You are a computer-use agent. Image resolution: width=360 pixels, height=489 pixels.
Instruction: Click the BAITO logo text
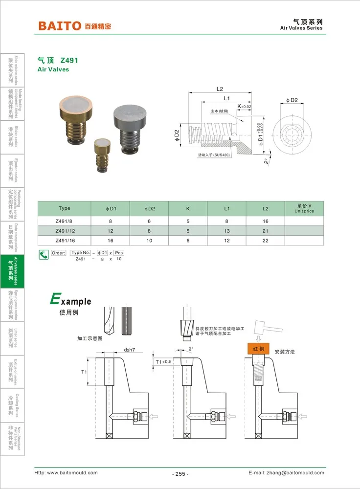60,25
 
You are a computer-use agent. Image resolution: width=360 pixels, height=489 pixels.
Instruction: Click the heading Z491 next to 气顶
69,61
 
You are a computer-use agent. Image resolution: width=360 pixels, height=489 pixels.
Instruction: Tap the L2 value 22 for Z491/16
265,240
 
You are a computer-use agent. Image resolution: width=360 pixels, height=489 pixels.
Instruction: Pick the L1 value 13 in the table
227,230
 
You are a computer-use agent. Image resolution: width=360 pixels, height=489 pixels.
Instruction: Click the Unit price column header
304,209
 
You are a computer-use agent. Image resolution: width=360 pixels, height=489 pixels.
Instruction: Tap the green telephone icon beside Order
44,254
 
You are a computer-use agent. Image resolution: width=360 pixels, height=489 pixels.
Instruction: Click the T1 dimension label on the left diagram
84,372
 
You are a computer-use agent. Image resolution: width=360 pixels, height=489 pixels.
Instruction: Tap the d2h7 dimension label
129,350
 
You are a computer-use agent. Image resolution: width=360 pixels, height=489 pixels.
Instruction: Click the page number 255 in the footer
180,474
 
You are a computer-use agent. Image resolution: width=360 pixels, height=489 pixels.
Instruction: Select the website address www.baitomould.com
72,473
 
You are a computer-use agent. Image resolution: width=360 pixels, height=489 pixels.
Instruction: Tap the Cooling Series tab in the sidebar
12,405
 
